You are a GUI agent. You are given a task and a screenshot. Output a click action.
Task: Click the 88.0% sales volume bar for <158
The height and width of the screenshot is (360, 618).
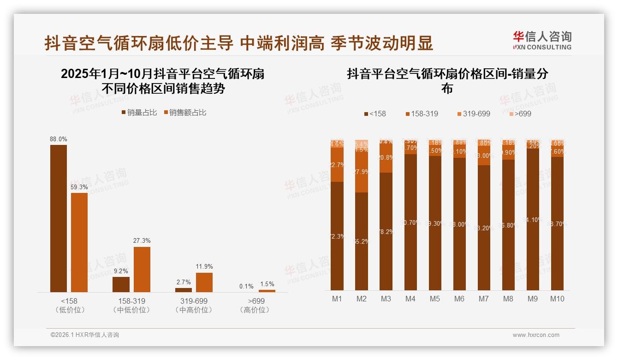click(59, 218)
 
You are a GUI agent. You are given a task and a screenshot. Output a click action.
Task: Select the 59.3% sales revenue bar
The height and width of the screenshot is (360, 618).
click(79, 242)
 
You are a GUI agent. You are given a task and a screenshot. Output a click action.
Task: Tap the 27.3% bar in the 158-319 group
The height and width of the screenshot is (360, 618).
click(142, 269)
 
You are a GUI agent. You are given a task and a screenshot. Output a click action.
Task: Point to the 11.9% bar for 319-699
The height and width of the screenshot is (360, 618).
click(204, 282)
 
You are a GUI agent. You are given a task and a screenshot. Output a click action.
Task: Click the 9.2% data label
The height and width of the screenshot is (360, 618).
click(120, 271)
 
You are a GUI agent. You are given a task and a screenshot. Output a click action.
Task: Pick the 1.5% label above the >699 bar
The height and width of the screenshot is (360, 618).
click(267, 284)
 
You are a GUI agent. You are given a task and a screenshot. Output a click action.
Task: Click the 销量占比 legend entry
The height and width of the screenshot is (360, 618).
click(139, 112)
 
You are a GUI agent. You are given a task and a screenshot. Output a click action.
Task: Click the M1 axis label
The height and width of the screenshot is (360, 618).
click(337, 299)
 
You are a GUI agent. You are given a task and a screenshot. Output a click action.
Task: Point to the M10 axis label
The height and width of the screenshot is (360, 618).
click(557, 299)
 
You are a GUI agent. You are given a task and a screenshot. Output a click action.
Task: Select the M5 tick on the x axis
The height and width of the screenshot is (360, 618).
click(435, 299)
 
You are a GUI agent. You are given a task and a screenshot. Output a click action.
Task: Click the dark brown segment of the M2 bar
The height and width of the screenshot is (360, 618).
click(362, 241)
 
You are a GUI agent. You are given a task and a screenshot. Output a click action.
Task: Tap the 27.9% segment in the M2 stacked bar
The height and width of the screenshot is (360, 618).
click(362, 172)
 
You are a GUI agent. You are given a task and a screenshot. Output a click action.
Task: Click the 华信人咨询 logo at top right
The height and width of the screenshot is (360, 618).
click(542, 40)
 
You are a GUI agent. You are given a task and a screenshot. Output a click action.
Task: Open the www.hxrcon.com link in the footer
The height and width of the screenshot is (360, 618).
click(536, 335)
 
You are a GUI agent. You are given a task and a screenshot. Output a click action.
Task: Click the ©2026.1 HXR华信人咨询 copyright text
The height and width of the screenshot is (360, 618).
click(85, 335)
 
